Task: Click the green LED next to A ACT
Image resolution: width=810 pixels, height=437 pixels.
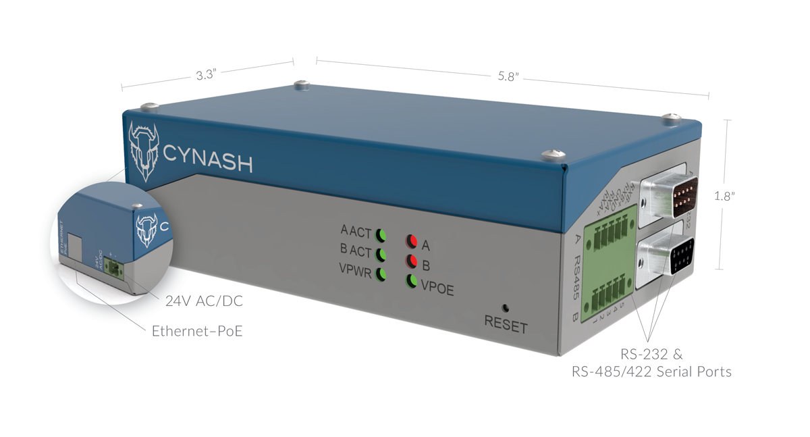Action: [381, 235]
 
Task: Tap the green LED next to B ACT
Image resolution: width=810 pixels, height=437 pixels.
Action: [381, 255]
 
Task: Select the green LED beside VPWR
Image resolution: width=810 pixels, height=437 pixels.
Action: [381, 274]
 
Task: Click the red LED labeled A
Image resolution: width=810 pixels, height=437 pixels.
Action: [411, 242]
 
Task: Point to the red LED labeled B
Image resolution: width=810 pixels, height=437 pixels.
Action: [411, 261]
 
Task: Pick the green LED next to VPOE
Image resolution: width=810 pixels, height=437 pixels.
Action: [411, 281]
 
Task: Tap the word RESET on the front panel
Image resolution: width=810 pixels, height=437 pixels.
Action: [506, 326]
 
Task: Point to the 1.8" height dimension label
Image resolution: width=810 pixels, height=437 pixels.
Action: [724, 196]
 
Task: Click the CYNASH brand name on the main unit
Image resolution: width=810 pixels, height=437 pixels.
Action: [208, 163]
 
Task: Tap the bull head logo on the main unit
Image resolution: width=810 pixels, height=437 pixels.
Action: [143, 150]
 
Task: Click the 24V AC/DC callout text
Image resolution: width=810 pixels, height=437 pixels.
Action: [204, 302]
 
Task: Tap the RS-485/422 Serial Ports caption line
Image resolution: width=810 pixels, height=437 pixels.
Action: [651, 371]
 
